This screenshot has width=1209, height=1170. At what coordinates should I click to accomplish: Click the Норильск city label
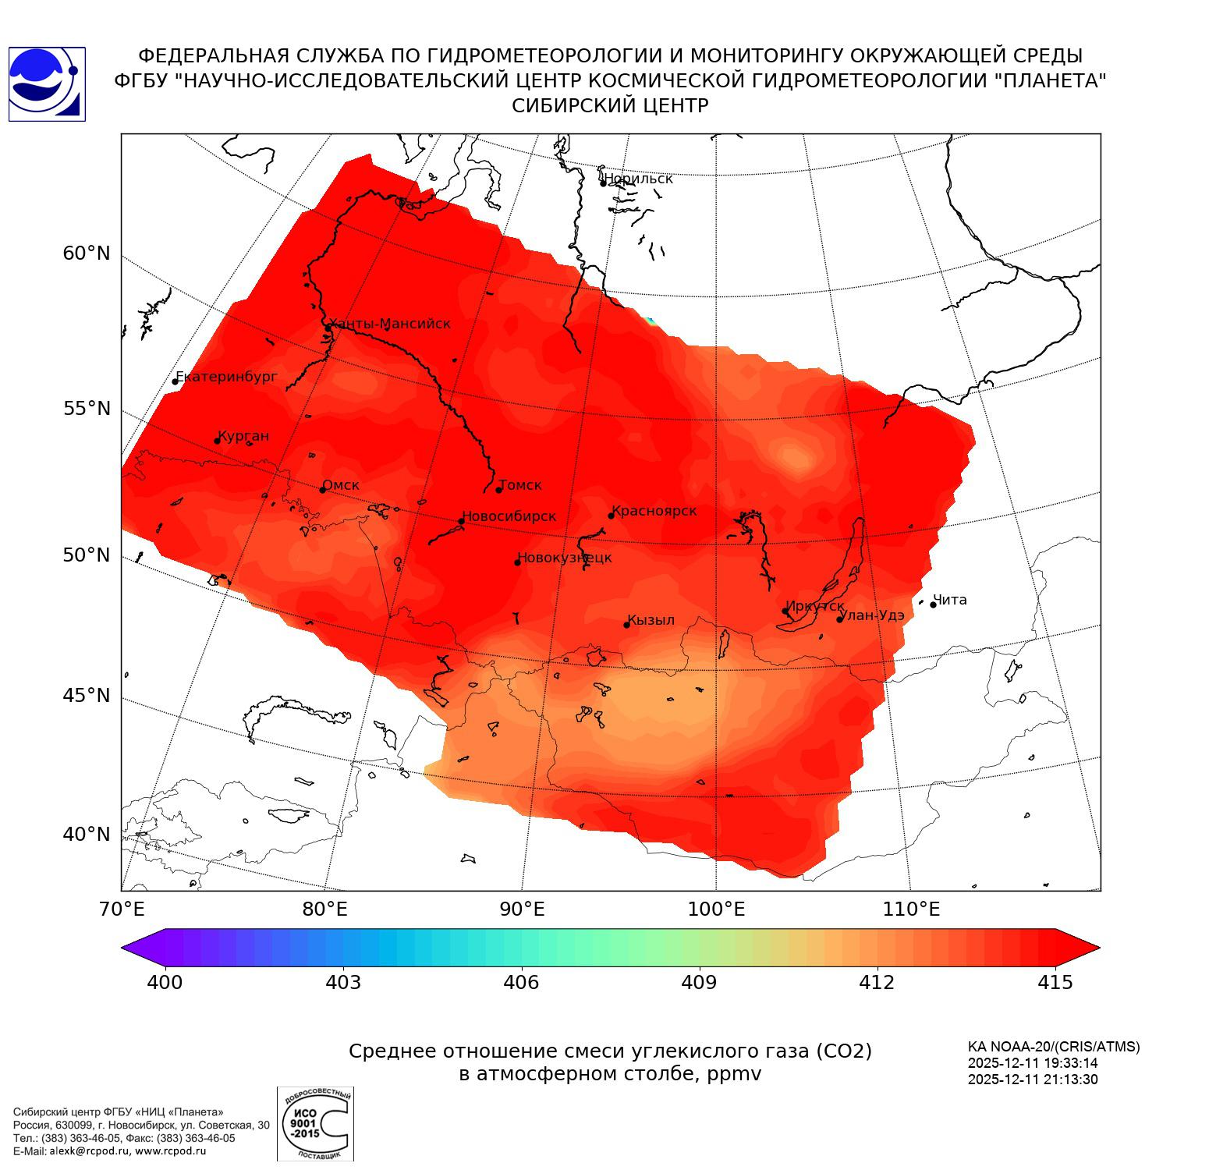click(x=638, y=179)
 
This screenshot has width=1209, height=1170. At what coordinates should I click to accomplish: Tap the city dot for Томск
click(x=499, y=490)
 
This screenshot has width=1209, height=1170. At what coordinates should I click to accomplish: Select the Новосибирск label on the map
click(x=509, y=516)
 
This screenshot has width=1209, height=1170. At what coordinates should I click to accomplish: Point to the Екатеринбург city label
click(x=226, y=377)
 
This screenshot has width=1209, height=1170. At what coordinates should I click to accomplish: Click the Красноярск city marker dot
click(x=612, y=516)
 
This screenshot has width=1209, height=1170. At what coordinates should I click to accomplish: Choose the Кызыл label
click(x=651, y=620)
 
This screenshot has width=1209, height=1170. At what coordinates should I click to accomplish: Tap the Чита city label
click(x=950, y=600)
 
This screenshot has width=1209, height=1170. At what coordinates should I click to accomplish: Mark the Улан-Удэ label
click(x=871, y=615)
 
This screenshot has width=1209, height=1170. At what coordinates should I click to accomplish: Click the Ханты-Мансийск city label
click(x=390, y=324)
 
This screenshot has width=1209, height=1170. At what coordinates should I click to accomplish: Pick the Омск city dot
click(x=322, y=490)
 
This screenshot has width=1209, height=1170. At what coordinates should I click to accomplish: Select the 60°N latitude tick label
click(x=87, y=253)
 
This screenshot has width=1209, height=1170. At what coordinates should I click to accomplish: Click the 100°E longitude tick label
click(x=716, y=909)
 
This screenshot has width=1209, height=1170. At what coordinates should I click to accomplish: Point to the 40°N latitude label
click(x=87, y=835)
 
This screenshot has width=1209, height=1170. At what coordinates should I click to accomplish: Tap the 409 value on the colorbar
click(x=699, y=982)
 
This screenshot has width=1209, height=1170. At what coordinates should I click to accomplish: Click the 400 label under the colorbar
click(x=165, y=982)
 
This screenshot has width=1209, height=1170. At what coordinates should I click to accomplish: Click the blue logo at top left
click(x=47, y=84)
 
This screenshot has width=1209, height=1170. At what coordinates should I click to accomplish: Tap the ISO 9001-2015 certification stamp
click(x=315, y=1124)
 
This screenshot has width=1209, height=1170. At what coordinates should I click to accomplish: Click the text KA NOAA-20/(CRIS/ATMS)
click(x=1054, y=1047)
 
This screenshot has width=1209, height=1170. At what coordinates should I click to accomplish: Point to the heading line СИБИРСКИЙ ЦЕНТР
click(x=610, y=105)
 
